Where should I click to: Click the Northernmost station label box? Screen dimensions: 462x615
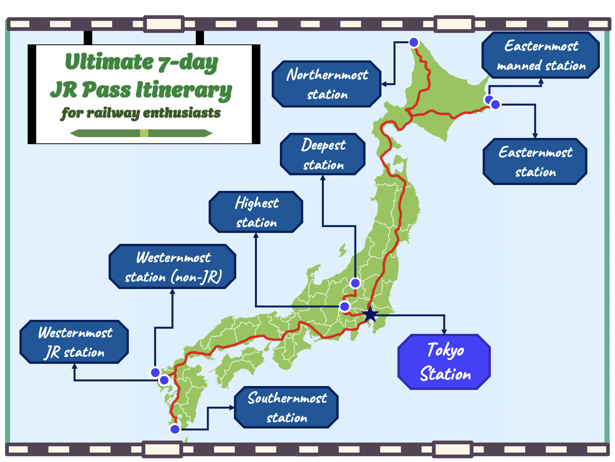tap(327, 84)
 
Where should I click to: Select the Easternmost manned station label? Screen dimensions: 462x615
tap(541, 55)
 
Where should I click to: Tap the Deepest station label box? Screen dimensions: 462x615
tap(323, 154)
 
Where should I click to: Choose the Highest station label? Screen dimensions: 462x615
tap(256, 212)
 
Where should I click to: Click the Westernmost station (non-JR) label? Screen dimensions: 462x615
tap(173, 267)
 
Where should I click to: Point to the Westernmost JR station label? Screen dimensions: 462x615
tap(74, 342)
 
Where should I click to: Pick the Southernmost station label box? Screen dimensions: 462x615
tap(286, 407)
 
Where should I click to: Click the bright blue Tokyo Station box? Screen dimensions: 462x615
tap(444, 362)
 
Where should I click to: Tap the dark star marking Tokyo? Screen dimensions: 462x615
tap(370, 314)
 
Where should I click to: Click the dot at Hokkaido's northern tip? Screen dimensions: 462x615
tap(414, 42)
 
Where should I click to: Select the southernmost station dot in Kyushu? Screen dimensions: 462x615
tap(175, 429)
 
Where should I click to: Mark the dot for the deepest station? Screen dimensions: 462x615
tap(355, 283)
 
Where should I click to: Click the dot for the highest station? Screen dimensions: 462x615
tap(344, 307)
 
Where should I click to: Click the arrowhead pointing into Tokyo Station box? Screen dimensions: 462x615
tap(444, 332)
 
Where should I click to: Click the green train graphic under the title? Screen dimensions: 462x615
tap(141, 133)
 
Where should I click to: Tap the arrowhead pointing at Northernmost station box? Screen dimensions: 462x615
tap(384, 84)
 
